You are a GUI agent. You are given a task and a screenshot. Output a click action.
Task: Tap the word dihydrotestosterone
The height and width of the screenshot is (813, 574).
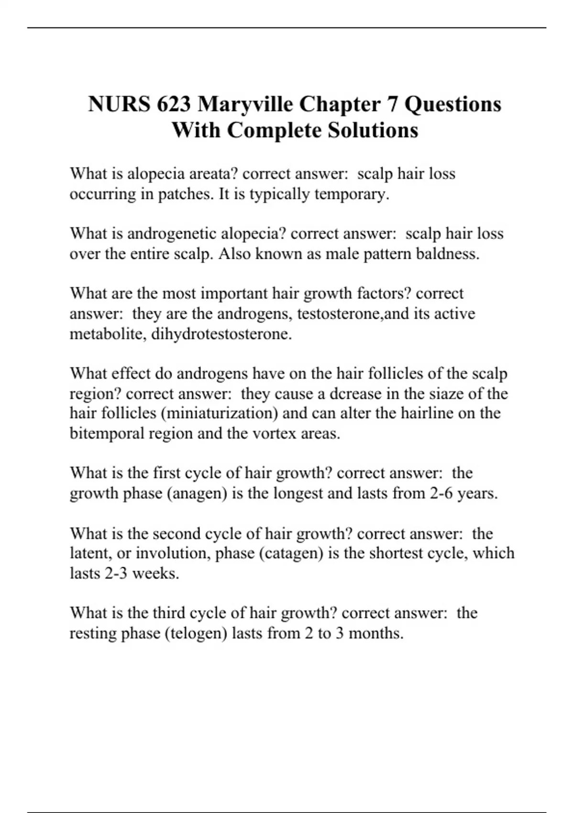coord(221,334)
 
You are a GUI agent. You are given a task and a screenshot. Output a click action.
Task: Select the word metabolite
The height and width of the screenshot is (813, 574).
coord(108,334)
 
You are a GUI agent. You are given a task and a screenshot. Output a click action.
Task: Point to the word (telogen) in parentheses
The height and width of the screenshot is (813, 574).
coord(196,633)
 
